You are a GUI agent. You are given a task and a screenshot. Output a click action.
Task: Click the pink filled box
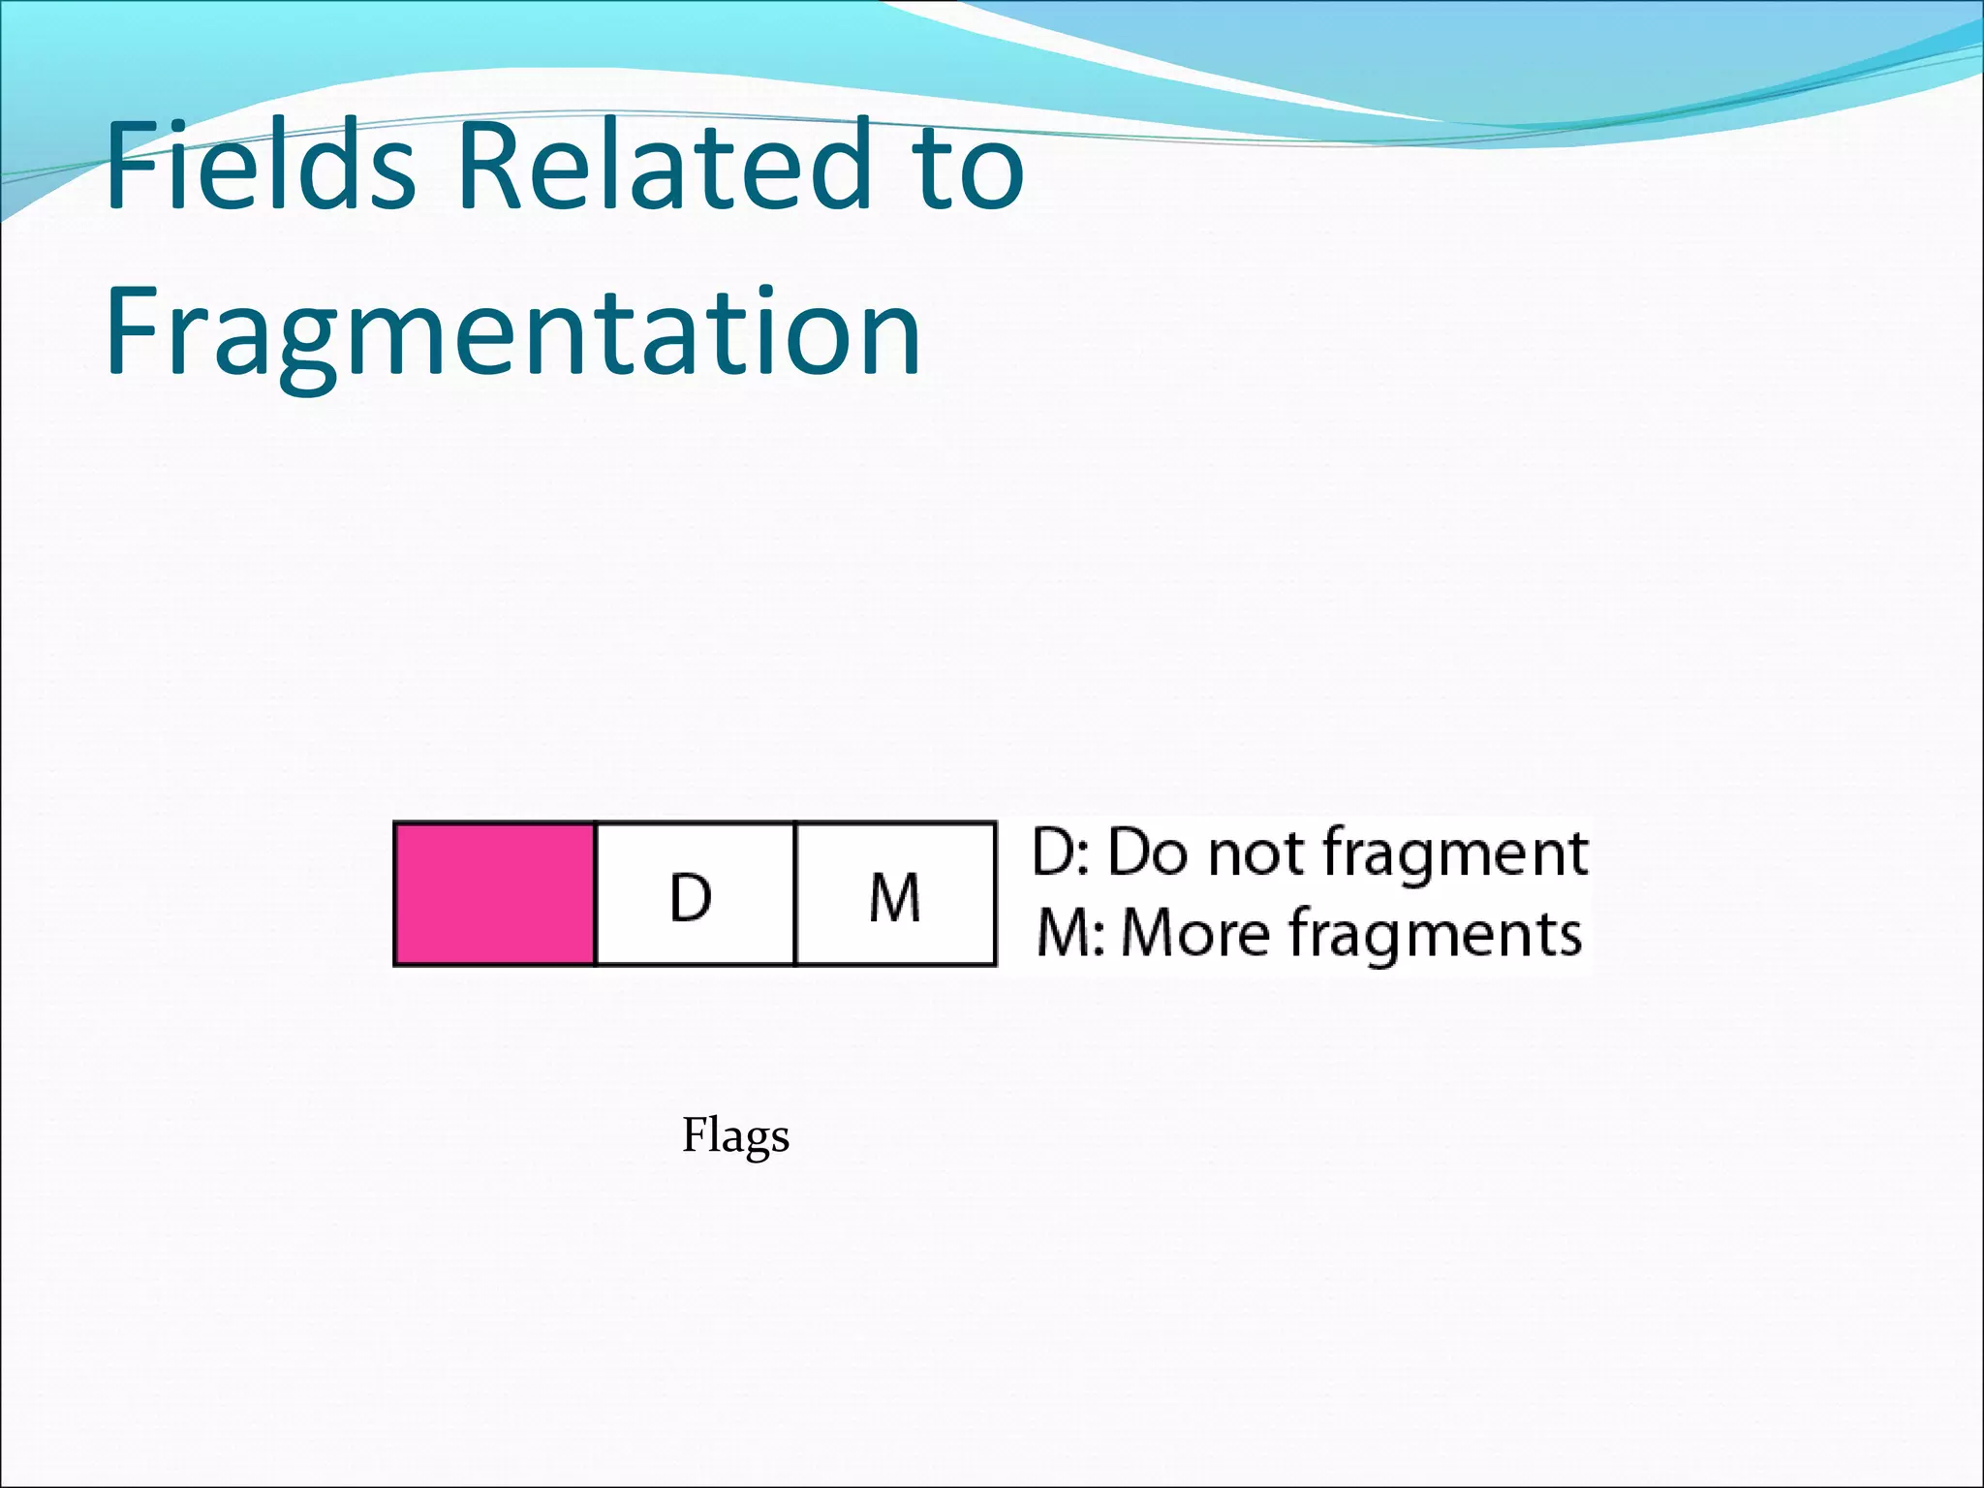click(494, 893)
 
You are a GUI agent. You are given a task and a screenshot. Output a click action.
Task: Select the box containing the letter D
click(694, 893)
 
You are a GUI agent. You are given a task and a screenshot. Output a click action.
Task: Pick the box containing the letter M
click(895, 893)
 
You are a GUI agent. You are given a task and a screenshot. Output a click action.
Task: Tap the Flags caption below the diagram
click(735, 1135)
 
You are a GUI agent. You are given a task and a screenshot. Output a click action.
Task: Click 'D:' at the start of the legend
click(1062, 853)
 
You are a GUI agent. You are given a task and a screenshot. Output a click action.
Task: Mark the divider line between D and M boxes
click(794, 893)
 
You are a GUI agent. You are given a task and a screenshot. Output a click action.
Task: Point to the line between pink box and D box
click(595, 893)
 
